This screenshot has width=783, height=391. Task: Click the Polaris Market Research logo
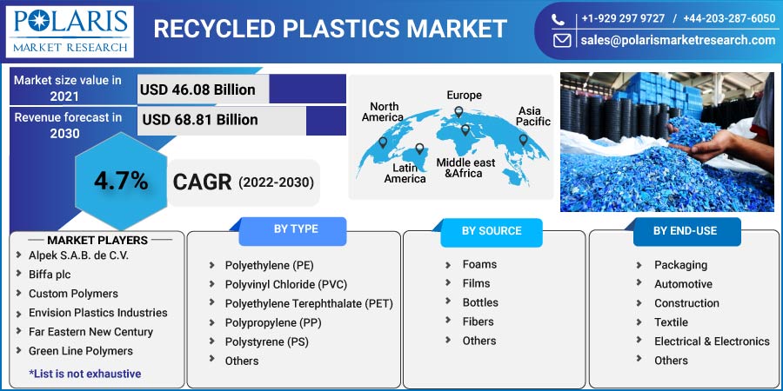coord(70,32)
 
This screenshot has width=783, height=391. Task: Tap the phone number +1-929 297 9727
coord(623,19)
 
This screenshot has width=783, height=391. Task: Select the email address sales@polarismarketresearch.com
coord(678,40)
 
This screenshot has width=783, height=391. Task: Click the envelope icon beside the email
coord(562,41)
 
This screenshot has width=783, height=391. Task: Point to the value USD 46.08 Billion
coord(197,89)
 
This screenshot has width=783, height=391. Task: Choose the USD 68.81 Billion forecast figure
coord(200,120)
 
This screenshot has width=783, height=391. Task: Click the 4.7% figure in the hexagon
coord(121,182)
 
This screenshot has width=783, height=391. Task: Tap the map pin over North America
coord(383,142)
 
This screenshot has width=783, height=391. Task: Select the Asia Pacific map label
coord(533,116)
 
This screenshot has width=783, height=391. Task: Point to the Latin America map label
coord(405,173)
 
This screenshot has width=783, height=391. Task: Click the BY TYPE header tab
coord(296,229)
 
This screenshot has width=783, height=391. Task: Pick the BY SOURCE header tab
coord(492,231)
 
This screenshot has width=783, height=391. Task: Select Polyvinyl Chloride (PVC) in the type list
coord(285,284)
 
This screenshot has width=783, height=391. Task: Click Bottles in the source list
coord(480,302)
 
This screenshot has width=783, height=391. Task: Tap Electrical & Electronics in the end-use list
coord(712,341)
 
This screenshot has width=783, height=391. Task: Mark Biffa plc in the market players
coord(50,275)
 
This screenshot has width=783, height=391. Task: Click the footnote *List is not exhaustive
coord(85,374)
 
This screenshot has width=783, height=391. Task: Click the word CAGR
coord(202,182)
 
